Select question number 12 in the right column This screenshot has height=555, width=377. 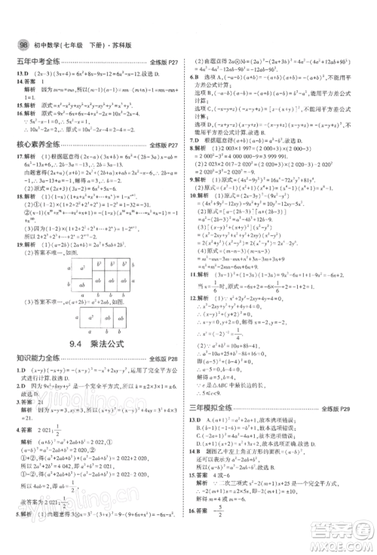tap(198, 299)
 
